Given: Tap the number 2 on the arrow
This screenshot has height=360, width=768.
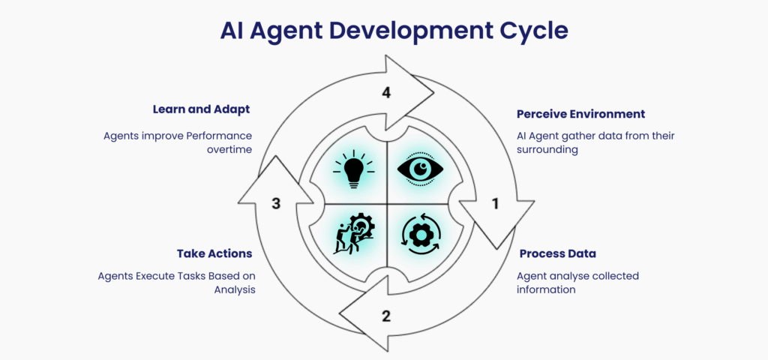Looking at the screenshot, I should tap(386, 316).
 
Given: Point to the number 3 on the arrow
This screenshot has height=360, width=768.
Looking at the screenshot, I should tap(276, 203).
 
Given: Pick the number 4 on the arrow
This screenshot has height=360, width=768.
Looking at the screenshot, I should tap(386, 93).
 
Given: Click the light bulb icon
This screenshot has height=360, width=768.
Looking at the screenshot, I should tap(353, 169).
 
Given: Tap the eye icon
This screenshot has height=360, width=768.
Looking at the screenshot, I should tap(420, 169).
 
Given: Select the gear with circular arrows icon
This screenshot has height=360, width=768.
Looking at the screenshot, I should tap(420, 235).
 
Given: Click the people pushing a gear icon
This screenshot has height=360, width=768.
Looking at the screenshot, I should tap(353, 235).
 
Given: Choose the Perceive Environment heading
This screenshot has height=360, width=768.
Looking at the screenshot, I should tap(580, 114).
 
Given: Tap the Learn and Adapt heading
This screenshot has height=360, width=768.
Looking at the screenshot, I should tap(201, 109).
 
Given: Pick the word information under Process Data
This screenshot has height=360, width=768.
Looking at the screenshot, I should tap(546, 289).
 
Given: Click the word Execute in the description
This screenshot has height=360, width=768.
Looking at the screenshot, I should tap(156, 276).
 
